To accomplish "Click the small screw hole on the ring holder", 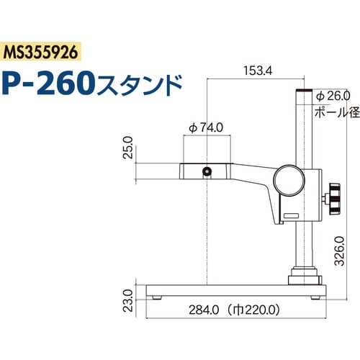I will pyautogui.click(x=207, y=171).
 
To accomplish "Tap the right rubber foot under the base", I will pyautogui.click(x=315, y=296).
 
